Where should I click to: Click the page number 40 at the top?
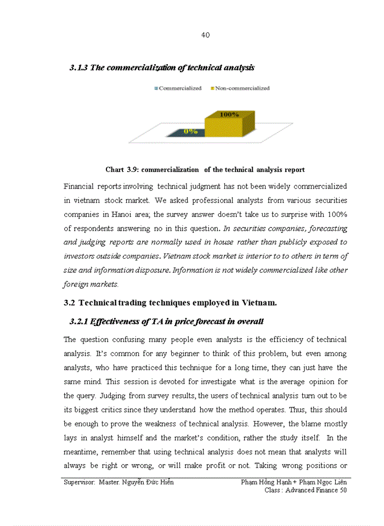coord(205,35)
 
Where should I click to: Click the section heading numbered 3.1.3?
coord(162,67)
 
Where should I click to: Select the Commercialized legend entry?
coord(178,88)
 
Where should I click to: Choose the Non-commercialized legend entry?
coord(240,88)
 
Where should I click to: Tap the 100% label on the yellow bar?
coord(229,115)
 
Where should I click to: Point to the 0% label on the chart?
coord(190,131)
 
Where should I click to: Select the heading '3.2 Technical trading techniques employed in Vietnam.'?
coord(170,302)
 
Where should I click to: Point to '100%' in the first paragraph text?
coord(337,214)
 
